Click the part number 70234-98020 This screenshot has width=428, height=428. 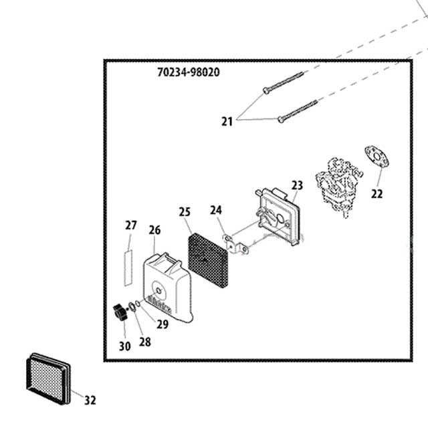[x=184, y=72]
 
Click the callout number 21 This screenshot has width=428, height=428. [x=227, y=121]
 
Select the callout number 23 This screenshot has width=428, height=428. [x=297, y=185]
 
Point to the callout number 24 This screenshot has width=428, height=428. [x=215, y=210]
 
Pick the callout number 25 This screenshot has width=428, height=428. [x=185, y=212]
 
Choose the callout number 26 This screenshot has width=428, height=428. [x=154, y=230]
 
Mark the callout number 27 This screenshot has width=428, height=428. [x=130, y=225]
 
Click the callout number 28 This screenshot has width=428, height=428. [x=145, y=342]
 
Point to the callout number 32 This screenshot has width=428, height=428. [x=90, y=400]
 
